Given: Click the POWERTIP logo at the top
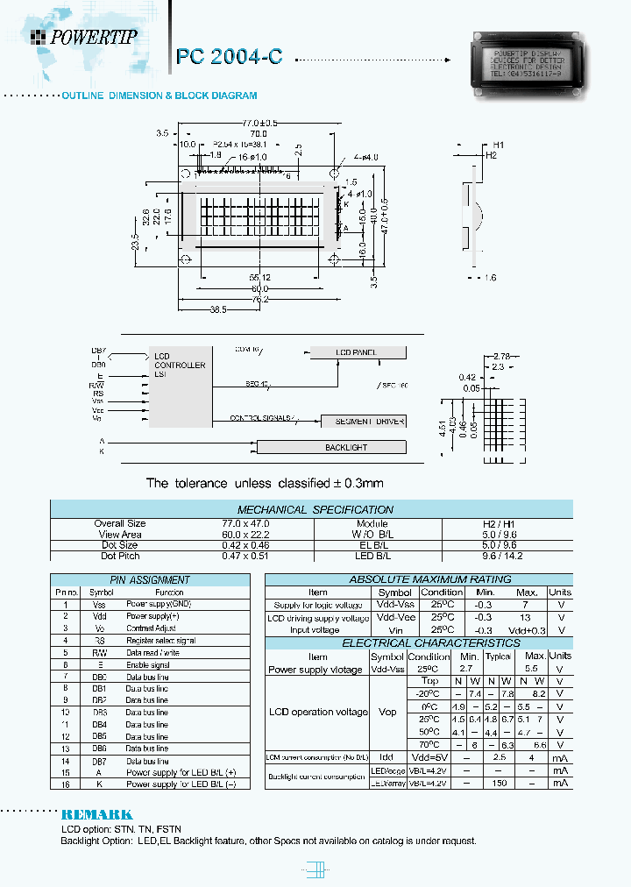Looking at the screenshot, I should (x=84, y=37).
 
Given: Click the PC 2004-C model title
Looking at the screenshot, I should (x=229, y=57).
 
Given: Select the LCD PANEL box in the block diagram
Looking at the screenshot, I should (x=358, y=352).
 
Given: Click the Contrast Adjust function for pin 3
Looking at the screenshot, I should (x=152, y=628).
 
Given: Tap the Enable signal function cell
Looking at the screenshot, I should (x=148, y=665).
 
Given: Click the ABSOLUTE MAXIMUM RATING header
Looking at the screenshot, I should (x=406, y=579).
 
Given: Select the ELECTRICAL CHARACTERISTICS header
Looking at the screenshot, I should (x=406, y=643).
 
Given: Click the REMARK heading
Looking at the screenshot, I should (x=96, y=814).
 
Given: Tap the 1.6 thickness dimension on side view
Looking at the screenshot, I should (x=488, y=278).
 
